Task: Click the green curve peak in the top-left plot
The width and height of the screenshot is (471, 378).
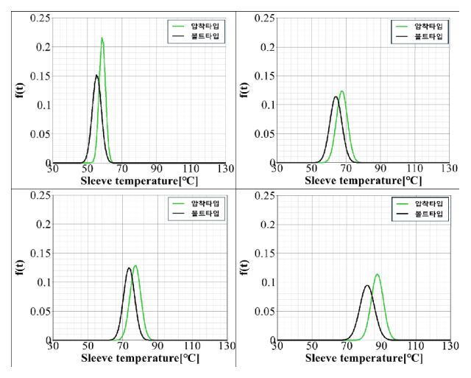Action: [x=102, y=38]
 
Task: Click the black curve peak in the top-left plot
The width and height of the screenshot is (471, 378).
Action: [x=96, y=75]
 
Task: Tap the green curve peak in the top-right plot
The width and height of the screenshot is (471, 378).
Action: [x=342, y=91]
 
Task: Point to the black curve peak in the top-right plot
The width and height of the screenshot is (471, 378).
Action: [x=336, y=97]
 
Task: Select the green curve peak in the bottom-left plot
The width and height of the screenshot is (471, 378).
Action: [x=135, y=265]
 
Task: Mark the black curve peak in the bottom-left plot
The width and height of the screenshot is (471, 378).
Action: [x=129, y=268]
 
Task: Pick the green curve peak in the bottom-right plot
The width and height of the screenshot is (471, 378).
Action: [x=377, y=274]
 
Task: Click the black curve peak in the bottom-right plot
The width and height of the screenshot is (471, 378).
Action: [x=366, y=286]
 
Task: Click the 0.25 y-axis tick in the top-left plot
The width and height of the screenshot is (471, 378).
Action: [x=41, y=18]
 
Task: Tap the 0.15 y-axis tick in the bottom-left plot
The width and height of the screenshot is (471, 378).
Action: [x=41, y=253]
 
